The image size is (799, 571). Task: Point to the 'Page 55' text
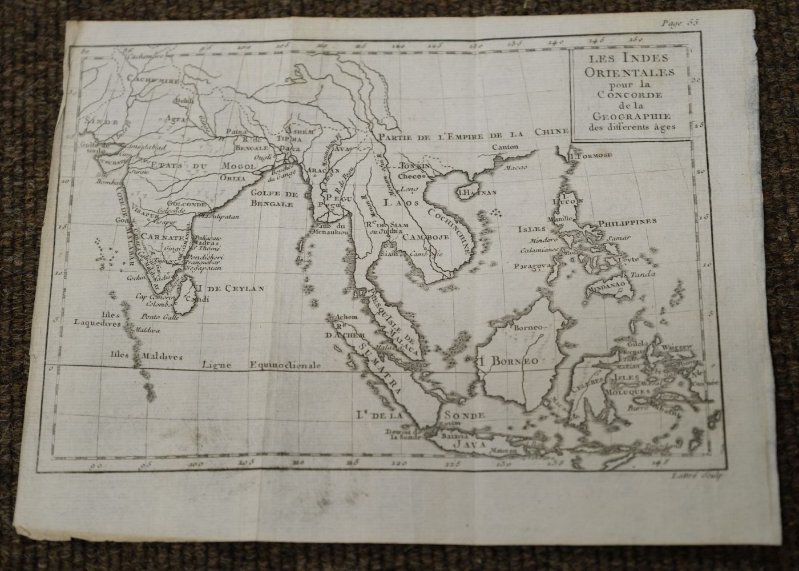click(680, 7)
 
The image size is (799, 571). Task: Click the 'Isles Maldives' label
click(147, 356)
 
